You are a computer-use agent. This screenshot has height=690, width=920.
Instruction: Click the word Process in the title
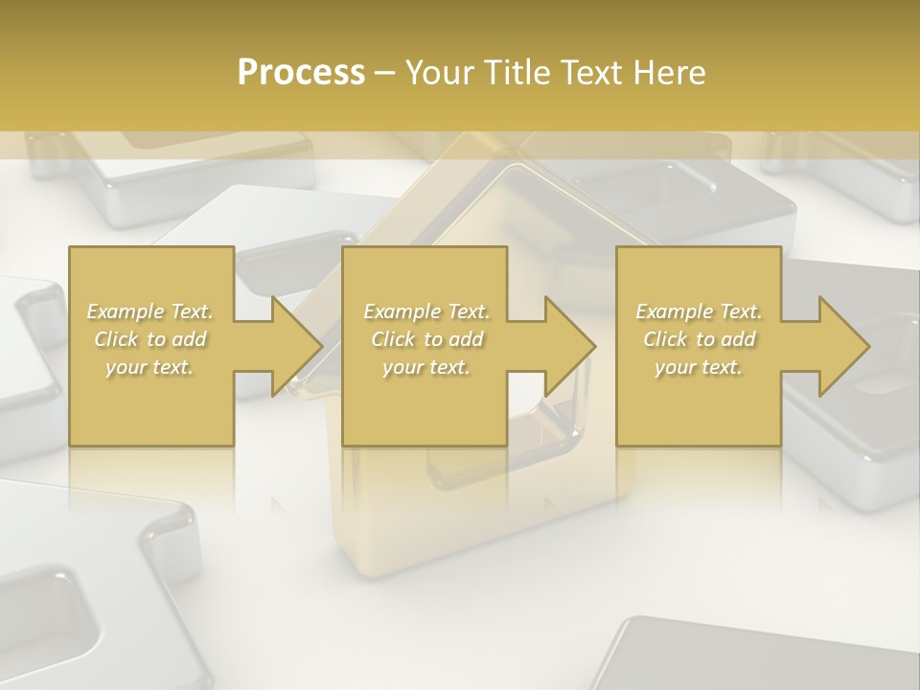(x=301, y=72)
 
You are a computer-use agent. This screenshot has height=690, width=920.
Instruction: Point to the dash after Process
(x=385, y=73)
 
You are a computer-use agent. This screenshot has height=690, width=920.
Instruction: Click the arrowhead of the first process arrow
(x=295, y=346)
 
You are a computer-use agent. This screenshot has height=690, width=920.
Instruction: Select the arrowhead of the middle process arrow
(x=568, y=346)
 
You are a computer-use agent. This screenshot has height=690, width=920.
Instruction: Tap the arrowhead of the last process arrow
(x=843, y=346)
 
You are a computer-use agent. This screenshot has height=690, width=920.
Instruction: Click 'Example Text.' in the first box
(x=150, y=311)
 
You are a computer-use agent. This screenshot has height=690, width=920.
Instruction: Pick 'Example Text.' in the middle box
(x=426, y=311)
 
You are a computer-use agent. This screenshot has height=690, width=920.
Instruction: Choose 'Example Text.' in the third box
(x=699, y=311)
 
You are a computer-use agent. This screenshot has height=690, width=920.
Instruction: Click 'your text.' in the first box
(x=149, y=367)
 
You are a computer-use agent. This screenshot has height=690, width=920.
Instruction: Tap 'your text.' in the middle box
(x=426, y=367)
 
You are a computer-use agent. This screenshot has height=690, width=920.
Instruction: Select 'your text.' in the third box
(x=699, y=367)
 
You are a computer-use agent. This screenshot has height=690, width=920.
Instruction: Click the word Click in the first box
(x=116, y=339)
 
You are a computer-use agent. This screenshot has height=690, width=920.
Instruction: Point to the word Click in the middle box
(x=393, y=339)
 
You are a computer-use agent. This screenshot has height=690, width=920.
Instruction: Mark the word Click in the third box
(x=665, y=339)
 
